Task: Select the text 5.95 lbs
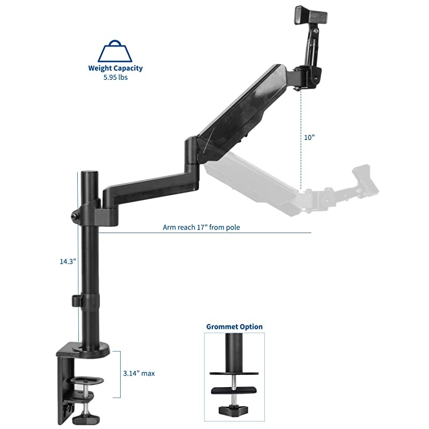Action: (116, 77)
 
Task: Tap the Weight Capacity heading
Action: (116, 68)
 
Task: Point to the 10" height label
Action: (308, 137)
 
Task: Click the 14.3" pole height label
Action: (68, 261)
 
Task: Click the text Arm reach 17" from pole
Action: (202, 227)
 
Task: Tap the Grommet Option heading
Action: (234, 326)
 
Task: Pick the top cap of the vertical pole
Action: (89, 174)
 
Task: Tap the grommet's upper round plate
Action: (234, 374)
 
